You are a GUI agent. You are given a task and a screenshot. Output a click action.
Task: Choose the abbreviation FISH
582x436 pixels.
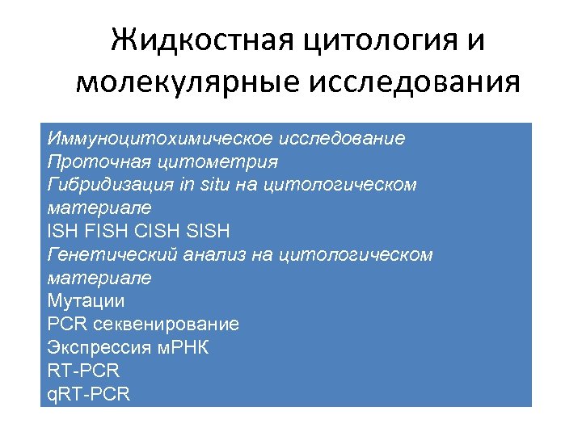coord(109,232)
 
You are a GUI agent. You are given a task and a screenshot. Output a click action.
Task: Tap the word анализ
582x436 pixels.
coord(208,255)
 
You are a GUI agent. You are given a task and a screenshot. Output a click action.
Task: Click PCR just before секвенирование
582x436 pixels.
coord(66,325)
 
